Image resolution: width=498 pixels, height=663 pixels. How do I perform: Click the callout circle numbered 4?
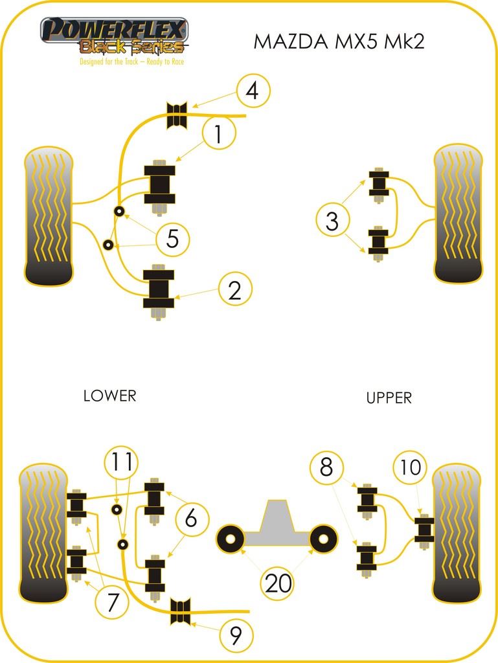click(253, 91)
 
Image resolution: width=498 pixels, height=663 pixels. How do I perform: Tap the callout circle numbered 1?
click(218, 134)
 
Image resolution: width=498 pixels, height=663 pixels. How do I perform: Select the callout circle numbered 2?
click(234, 290)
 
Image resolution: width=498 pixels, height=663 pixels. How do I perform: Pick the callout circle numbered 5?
click(172, 240)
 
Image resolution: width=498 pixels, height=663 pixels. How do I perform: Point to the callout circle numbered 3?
click(332, 221)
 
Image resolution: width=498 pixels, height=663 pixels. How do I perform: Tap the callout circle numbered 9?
click(236, 636)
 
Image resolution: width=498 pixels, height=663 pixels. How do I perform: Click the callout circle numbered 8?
click(326, 466)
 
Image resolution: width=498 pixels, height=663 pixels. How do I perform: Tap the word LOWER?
click(109, 396)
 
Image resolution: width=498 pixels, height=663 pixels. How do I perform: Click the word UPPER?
click(389, 398)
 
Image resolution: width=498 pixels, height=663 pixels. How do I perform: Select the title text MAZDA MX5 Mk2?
click(339, 42)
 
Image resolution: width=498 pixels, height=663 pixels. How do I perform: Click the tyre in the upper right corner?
click(458, 214)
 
